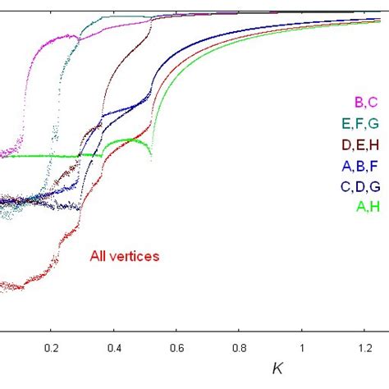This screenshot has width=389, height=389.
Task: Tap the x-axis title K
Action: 278,368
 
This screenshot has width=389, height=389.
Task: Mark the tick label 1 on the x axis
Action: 301,346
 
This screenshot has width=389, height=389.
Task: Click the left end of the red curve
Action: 2,286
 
